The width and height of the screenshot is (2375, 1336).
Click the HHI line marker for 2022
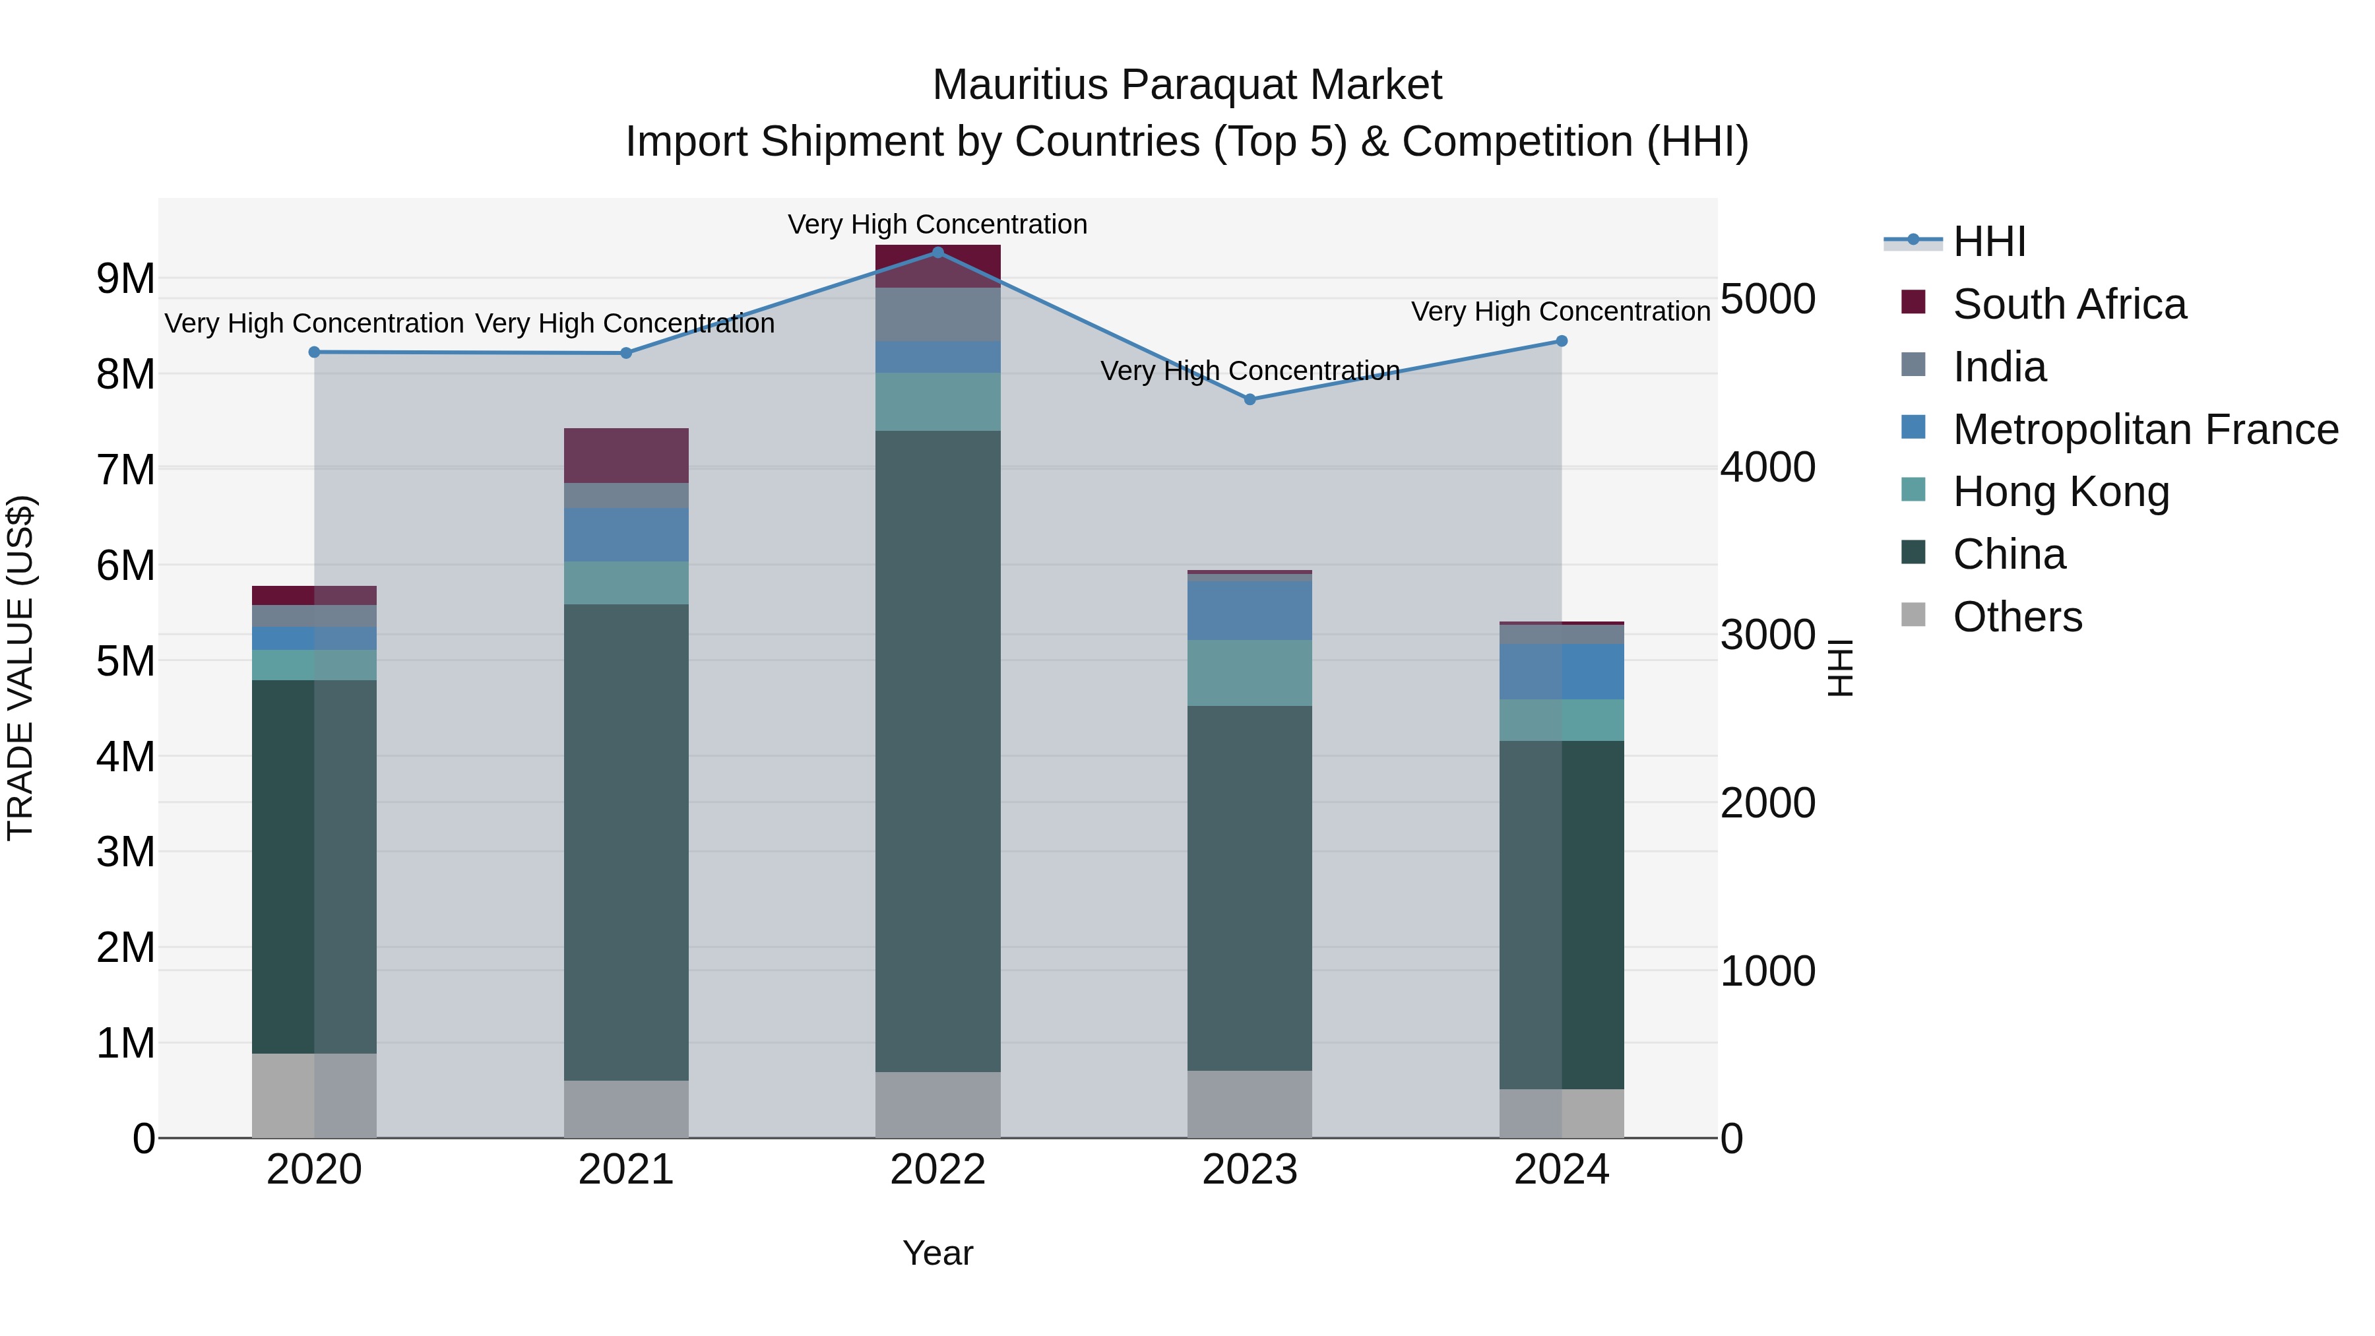pos(937,252)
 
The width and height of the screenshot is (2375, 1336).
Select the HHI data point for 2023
pos(1250,399)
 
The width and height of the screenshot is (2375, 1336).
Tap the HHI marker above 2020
pos(315,351)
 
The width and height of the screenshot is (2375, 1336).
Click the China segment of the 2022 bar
pos(937,751)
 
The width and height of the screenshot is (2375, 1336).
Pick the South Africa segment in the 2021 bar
pos(626,455)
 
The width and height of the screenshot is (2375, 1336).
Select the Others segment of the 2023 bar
pos(1250,1104)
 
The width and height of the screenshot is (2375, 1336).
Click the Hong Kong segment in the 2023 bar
pos(1250,673)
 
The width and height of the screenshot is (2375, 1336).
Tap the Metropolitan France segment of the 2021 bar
pos(626,535)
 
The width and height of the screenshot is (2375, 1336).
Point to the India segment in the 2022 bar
pos(937,315)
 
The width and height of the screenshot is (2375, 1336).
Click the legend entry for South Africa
pos(2069,304)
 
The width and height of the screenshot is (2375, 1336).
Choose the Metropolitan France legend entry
pos(2145,429)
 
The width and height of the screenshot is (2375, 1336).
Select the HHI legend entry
pos(1988,241)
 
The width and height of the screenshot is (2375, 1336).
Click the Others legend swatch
pos(1913,615)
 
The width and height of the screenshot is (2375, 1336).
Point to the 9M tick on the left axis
pos(125,278)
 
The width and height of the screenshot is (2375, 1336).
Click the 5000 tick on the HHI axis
pos(1767,299)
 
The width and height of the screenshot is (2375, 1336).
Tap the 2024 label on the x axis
pos(1561,1170)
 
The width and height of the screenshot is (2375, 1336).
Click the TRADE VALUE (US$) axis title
pos(21,668)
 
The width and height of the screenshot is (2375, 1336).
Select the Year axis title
pos(937,1253)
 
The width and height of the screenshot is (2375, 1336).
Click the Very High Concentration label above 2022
pos(937,224)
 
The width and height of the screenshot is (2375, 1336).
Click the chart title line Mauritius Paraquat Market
pos(1187,85)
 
